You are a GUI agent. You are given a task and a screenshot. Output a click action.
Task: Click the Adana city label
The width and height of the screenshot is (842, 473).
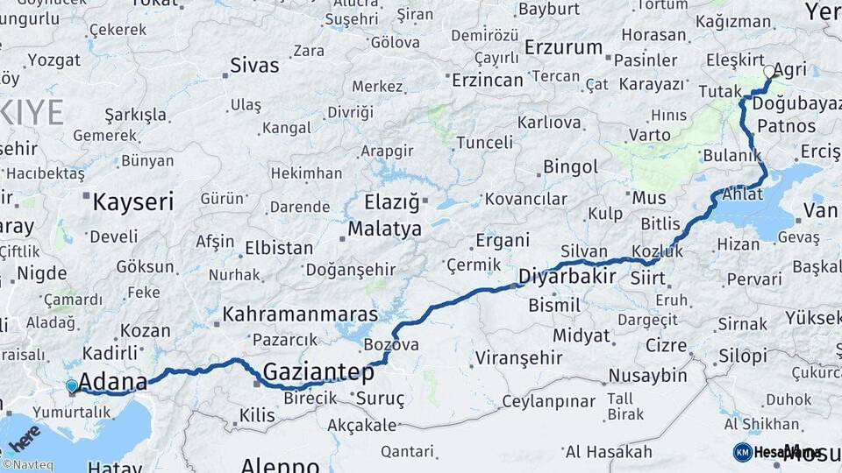pos(113,383)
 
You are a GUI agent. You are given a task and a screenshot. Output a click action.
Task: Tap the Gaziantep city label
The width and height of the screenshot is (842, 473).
pos(318,371)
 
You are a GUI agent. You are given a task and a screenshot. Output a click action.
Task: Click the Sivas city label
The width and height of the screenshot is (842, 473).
pos(254,65)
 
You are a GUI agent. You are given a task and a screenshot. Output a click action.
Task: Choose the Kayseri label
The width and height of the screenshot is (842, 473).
pos(133,202)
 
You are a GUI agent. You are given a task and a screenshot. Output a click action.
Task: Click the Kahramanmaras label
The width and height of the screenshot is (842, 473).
pos(301,314)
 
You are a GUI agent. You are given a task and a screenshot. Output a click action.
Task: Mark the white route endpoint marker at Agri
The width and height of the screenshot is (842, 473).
pos(769,72)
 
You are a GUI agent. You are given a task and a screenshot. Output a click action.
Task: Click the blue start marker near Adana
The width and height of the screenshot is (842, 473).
pos(71,385)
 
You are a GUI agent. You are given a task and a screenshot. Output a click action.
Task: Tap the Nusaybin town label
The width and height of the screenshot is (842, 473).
pos(648,376)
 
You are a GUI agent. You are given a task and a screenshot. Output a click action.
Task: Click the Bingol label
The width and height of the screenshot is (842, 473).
pos(571,166)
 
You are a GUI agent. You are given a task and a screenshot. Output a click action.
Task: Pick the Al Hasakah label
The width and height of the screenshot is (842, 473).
pos(609,452)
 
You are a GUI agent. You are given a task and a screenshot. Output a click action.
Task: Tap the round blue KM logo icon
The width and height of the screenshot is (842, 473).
pos(743,452)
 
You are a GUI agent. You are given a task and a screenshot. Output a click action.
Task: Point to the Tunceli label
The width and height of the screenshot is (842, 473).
pos(484,142)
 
